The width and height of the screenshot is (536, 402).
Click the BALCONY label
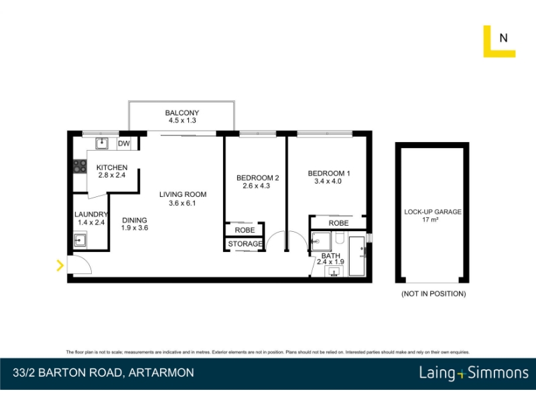click(x=182, y=113)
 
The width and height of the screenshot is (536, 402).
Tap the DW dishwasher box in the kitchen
click(x=124, y=143)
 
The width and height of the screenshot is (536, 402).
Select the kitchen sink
click(x=102, y=143)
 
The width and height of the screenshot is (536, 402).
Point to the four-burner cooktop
click(x=80, y=166)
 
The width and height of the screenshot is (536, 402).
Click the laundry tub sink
click(x=80, y=240)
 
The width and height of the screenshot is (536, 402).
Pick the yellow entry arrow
click(x=60, y=265)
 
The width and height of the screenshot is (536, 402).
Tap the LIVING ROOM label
click(x=183, y=194)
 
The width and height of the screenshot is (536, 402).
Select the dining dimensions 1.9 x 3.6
click(x=135, y=228)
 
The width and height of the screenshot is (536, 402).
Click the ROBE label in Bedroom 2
click(x=245, y=230)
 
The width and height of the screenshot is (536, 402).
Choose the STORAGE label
click(x=245, y=244)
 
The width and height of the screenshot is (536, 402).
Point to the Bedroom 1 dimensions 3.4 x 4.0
click(x=328, y=181)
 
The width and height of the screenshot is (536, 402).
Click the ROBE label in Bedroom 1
click(x=339, y=223)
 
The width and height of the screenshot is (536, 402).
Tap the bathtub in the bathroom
click(x=357, y=256)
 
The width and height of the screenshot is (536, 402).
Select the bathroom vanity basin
click(x=334, y=272)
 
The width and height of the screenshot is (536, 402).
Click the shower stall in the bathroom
click(x=322, y=241)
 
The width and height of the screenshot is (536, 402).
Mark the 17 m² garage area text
click(x=430, y=220)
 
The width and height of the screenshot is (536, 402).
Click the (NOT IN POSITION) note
click(x=433, y=293)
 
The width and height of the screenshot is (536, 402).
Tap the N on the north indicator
click(x=503, y=38)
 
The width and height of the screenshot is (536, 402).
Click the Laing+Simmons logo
click(x=474, y=373)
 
